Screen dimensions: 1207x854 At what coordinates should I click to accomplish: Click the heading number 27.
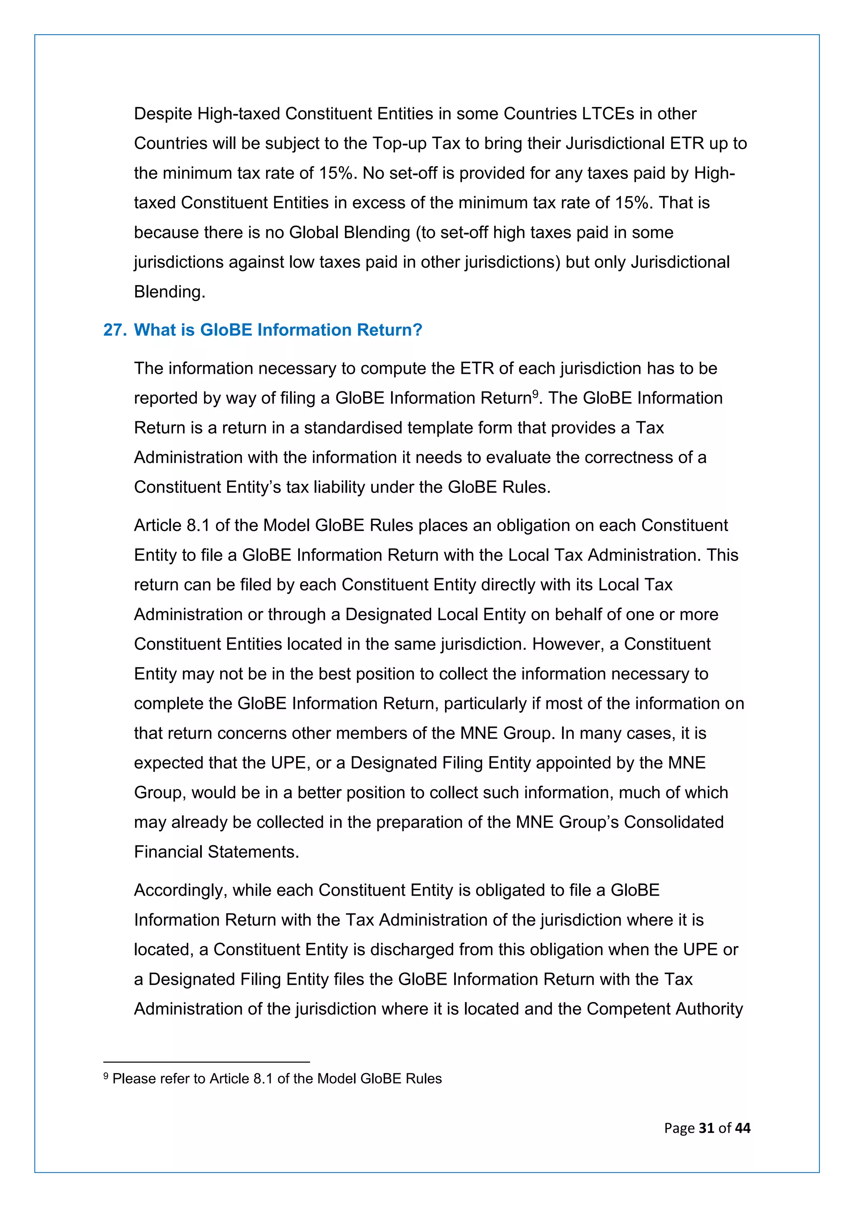tap(115, 330)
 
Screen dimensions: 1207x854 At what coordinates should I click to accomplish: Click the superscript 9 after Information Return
tap(535, 393)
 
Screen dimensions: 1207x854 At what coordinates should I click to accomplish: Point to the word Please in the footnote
tap(133, 1079)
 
